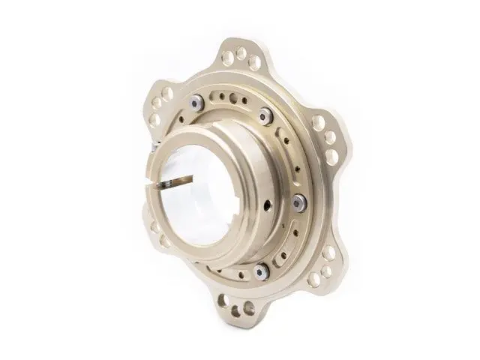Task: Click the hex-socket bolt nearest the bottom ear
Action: pos(260,271)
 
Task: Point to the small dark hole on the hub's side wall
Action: pos(267,205)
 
